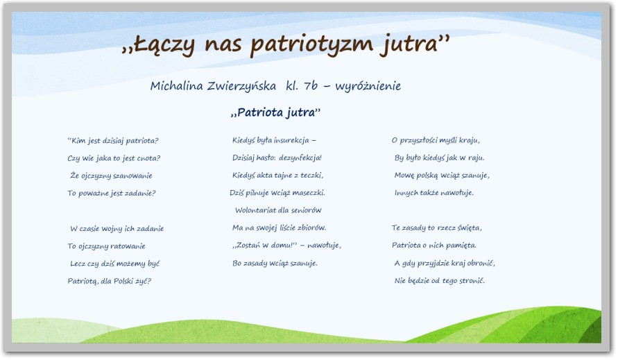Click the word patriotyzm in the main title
click(311, 44)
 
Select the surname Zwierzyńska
click(241, 86)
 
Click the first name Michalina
click(177, 85)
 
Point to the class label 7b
click(311, 85)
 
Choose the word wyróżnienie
click(368, 86)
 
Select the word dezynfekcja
click(300, 157)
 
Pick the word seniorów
click(307, 210)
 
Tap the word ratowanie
click(128, 246)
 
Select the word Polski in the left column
click(123, 281)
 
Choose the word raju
click(476, 158)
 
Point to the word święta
click(470, 228)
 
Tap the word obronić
click(481, 263)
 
